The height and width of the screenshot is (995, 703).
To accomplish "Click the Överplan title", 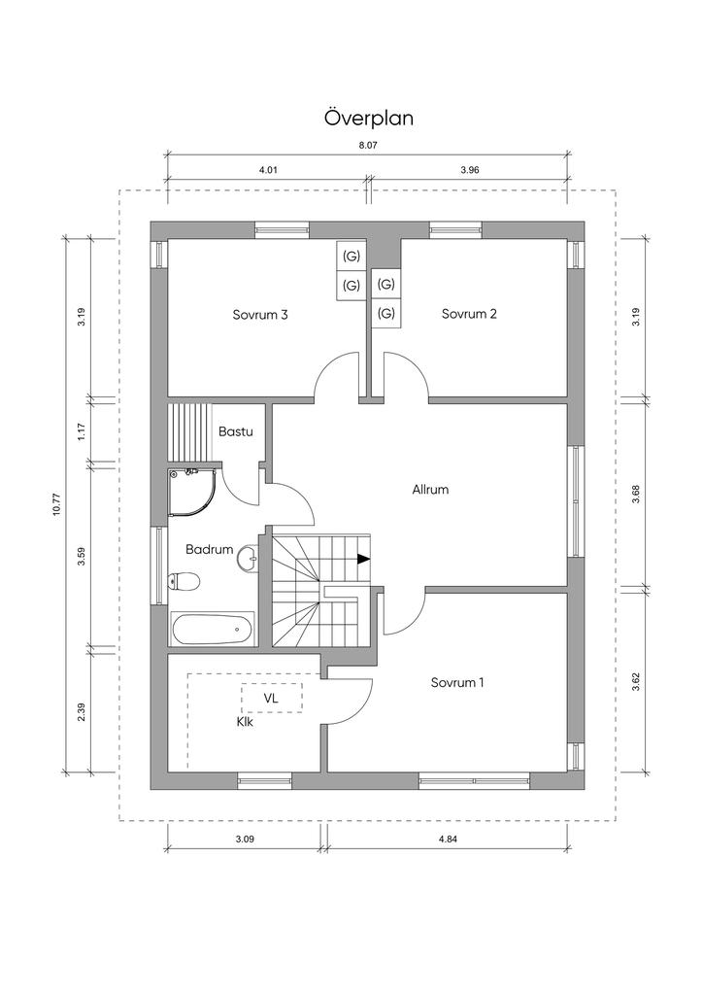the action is point(369,118).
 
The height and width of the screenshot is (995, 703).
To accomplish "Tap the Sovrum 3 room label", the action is point(259,314).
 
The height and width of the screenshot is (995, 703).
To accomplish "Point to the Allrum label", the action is point(430,490).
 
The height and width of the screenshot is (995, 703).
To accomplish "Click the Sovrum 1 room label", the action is point(457,682).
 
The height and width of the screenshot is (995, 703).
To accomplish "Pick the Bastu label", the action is point(236,430).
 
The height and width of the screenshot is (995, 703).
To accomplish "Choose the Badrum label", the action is point(210,549).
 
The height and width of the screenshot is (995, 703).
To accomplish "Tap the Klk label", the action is point(245,722).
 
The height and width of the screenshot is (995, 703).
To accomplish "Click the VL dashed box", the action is point(272,698).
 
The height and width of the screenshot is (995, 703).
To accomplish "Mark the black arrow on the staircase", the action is point(362,559).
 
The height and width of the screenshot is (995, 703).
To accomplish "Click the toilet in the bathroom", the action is point(184,581).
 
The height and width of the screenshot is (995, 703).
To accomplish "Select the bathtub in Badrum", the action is point(213,630).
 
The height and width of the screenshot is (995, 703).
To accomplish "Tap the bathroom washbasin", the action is point(247,557).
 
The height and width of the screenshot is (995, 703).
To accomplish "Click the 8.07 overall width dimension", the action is point(368,145).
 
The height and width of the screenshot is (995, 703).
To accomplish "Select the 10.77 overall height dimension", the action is point(57,503).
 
